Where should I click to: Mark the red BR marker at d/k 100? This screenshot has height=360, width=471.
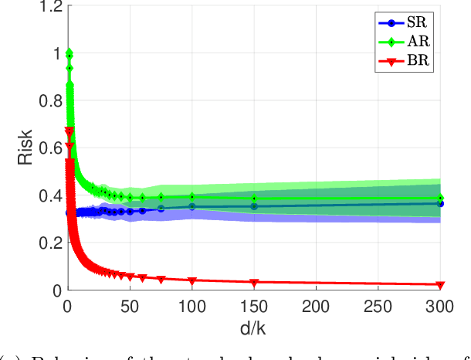[191, 280]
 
